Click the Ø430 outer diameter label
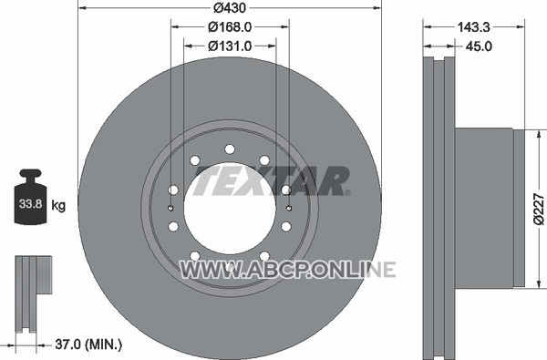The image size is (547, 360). tap(230, 7)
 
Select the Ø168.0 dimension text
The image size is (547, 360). tap(230, 26)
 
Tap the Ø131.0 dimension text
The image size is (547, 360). tap(230, 46)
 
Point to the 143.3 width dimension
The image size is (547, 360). tap(474, 26)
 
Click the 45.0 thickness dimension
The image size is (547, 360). tap(479, 46)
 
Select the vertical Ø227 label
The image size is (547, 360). tap(540, 210)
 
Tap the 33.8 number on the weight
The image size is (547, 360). tap(31, 204)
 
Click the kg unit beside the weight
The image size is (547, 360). tap(58, 205)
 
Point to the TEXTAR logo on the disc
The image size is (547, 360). tap(272, 180)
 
